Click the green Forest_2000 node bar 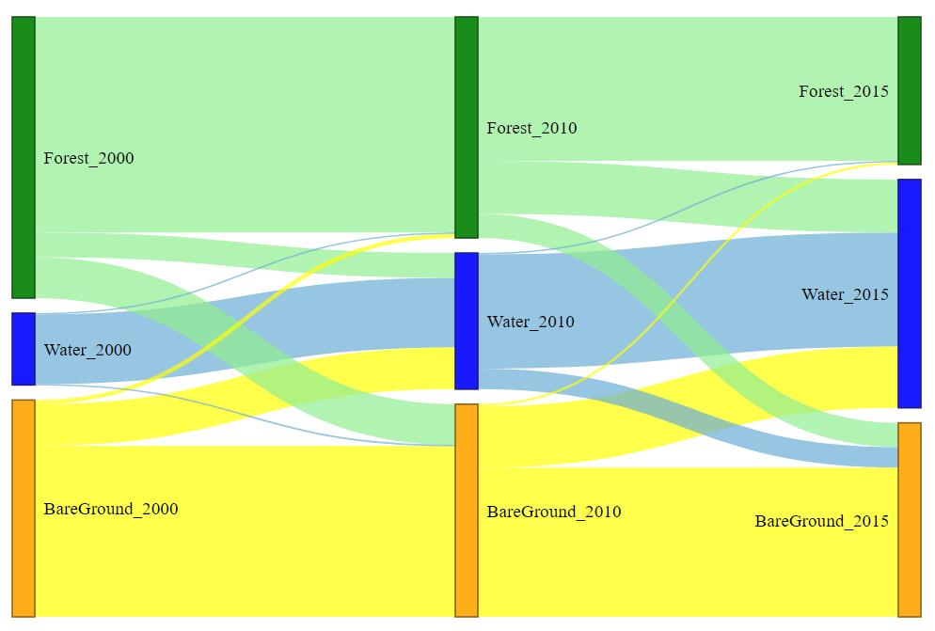[x=24, y=157]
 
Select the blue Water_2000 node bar [x=24, y=349]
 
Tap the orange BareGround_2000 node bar [x=24, y=508]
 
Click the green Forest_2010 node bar [x=467, y=127]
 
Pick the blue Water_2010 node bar [x=467, y=321]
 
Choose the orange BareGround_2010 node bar [x=467, y=511]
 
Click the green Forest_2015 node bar [x=909, y=90]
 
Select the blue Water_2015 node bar [x=909, y=293]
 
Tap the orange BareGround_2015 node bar [x=909, y=519]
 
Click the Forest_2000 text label [x=88, y=158]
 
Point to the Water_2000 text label [x=87, y=350]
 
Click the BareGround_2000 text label [x=111, y=509]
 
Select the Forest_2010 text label [x=531, y=128]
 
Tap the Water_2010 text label [x=531, y=322]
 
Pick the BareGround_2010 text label [x=554, y=512]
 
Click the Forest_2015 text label [x=844, y=91]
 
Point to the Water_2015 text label [x=845, y=294]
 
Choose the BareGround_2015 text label [x=821, y=521]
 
